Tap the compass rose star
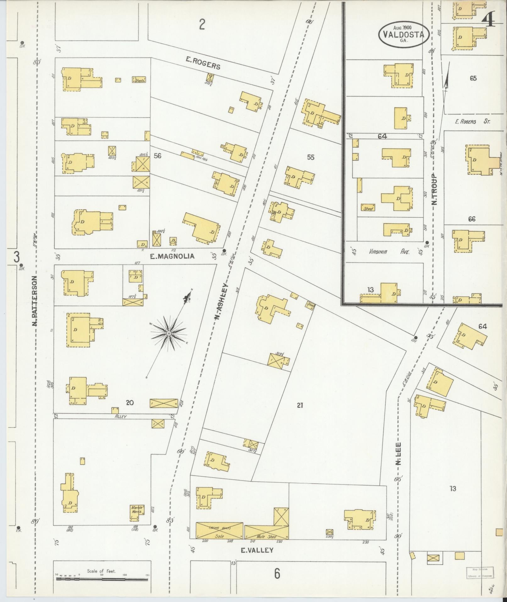coord(169,333)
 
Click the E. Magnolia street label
coord(172,256)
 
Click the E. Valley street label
coord(257,550)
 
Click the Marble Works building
coord(137,509)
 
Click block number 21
coord(300,405)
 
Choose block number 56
coord(157,155)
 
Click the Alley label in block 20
coord(120,416)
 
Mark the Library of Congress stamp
coord(480,572)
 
